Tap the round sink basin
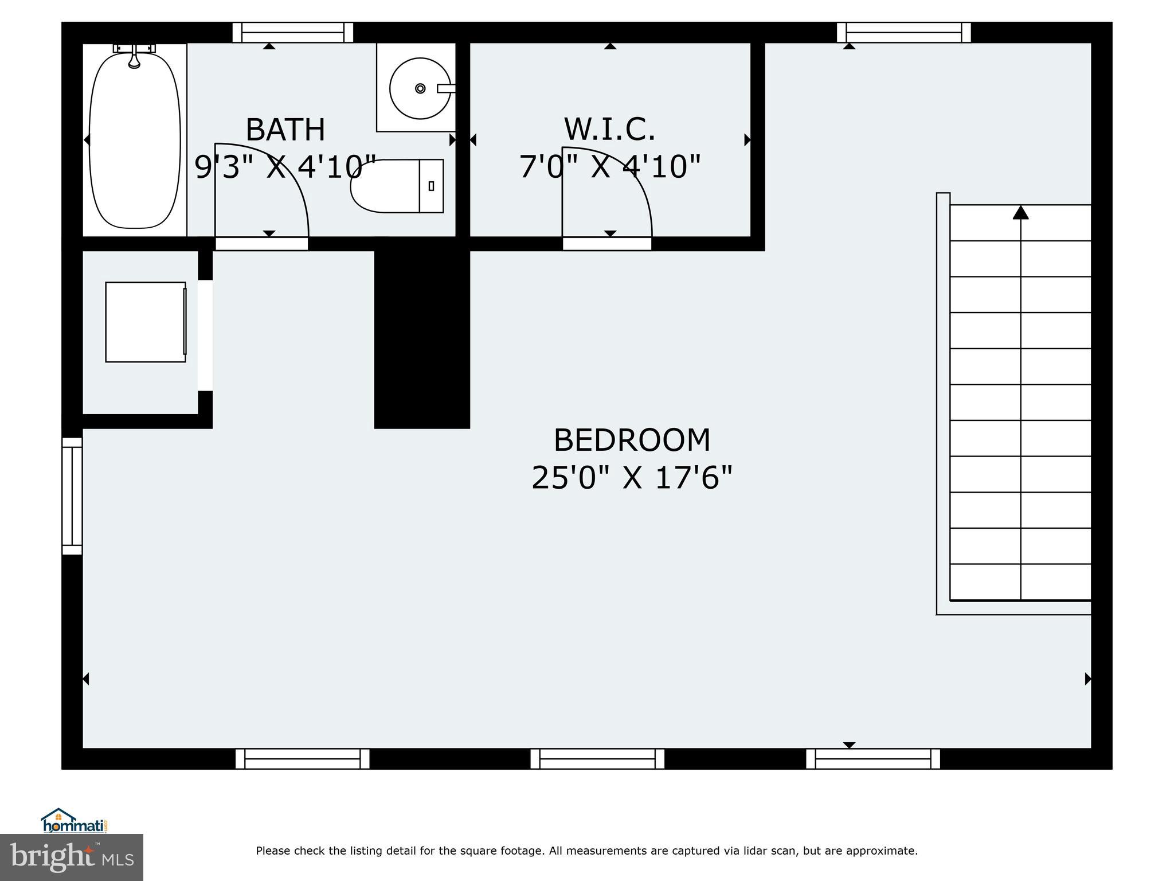click(420, 88)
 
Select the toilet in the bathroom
click(396, 186)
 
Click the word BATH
click(285, 130)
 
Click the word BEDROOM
click(632, 440)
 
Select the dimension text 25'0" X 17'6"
click(632, 478)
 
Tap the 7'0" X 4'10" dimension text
click(609, 167)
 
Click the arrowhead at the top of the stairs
click(1020, 213)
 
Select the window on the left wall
click(72, 496)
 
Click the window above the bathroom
click(292, 33)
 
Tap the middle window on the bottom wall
click(597, 759)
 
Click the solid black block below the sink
click(422, 338)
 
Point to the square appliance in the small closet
click(146, 322)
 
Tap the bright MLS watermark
click(72, 857)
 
